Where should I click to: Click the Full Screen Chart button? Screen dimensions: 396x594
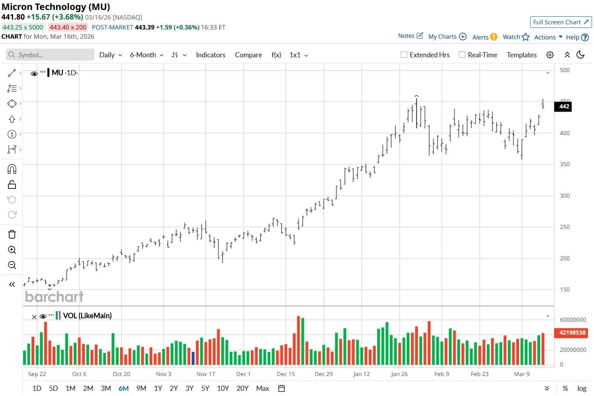[x=561, y=22]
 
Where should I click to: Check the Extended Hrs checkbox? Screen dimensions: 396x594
[x=404, y=55]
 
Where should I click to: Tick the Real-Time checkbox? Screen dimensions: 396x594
[x=462, y=55]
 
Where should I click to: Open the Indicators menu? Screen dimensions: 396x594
[x=210, y=55]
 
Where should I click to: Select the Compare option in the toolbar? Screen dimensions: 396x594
[x=248, y=55]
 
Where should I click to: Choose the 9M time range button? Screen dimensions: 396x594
[x=141, y=388]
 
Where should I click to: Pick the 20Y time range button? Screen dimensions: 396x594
[x=242, y=388]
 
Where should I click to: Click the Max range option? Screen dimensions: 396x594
[x=263, y=388]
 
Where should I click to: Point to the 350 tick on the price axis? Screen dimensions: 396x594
[x=565, y=164]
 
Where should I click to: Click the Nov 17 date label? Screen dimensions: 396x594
[x=206, y=374]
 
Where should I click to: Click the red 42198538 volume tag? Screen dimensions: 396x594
[x=572, y=333]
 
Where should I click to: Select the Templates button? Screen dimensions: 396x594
[x=521, y=55]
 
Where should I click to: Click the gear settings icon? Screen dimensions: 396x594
[x=550, y=55]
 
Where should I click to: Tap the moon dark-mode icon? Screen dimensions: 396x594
[x=580, y=55]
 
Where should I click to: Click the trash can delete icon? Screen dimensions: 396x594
[x=12, y=234]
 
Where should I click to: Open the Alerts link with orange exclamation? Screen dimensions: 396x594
[x=484, y=37]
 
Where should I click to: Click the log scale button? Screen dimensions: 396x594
[x=582, y=388]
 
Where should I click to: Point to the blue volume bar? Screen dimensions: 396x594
[x=193, y=358]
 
